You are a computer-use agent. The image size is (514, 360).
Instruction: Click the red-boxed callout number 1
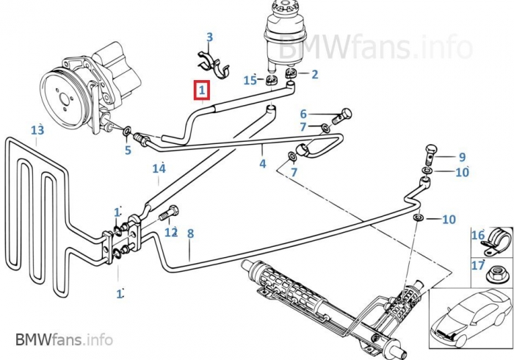pyautogui.click(x=201, y=91)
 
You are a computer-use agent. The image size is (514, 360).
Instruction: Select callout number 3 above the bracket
pyautogui.click(x=209, y=37)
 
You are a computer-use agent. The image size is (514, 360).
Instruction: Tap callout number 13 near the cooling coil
pyautogui.click(x=38, y=130)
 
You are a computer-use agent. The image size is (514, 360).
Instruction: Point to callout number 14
pyautogui.click(x=159, y=169)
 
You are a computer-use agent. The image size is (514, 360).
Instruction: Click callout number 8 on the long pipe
pyautogui.click(x=190, y=234)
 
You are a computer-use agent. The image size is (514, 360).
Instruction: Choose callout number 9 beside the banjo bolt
pyautogui.click(x=462, y=156)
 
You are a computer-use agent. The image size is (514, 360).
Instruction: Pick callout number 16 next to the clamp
pyautogui.click(x=478, y=236)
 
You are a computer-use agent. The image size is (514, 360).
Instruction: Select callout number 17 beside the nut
pyautogui.click(x=478, y=265)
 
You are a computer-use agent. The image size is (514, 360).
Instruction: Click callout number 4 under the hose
pyautogui.click(x=262, y=164)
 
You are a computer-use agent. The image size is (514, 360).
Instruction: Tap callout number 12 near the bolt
pyautogui.click(x=171, y=232)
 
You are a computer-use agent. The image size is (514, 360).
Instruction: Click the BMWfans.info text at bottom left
pyautogui.click(x=64, y=339)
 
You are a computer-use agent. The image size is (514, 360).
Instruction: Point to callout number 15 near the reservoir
pyautogui.click(x=250, y=79)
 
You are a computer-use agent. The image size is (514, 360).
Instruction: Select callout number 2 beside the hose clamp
pyautogui.click(x=314, y=74)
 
